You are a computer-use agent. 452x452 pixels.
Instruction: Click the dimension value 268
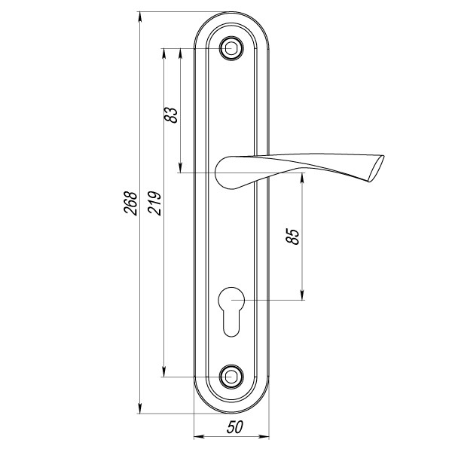coord(130,203)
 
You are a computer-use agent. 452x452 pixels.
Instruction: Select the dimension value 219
coord(154,203)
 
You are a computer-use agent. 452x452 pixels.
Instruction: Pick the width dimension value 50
coord(234,427)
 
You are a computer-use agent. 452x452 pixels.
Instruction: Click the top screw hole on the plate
coord(231,49)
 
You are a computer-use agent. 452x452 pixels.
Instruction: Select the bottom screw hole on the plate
coord(231,375)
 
